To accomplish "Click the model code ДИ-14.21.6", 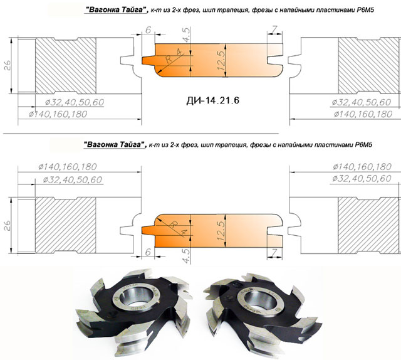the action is [x=213, y=100].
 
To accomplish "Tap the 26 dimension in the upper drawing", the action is [x=8, y=66].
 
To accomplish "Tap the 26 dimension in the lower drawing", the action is [x=8, y=225].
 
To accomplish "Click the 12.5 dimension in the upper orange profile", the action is [x=221, y=60].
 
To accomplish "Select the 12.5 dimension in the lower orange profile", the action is [x=221, y=231].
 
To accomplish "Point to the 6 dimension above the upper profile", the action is [x=148, y=30].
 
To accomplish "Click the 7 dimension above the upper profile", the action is [x=274, y=29].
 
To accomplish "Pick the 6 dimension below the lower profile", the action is [x=148, y=252].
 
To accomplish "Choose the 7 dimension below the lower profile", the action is [x=274, y=253].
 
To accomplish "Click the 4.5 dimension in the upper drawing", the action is [x=187, y=35].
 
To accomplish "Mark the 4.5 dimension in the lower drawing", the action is [x=187, y=255].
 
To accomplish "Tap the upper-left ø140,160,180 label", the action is [x=58, y=114].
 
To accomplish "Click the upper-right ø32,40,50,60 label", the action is [x=362, y=102].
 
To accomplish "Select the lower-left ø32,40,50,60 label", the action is [x=73, y=180].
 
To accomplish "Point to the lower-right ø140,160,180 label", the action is [x=362, y=167].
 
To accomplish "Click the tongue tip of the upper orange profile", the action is [x=143, y=61].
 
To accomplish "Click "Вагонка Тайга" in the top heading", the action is [x=116, y=10].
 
